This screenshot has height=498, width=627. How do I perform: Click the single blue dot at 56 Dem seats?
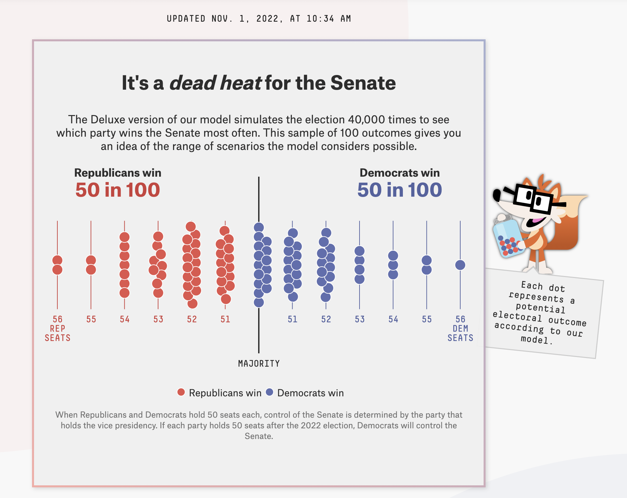click(x=460, y=265)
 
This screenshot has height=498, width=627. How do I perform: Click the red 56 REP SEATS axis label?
click(x=58, y=328)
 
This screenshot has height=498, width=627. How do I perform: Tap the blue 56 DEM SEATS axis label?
click(x=460, y=328)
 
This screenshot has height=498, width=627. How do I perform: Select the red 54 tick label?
click(x=125, y=319)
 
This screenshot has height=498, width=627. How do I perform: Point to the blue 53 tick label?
click(x=360, y=319)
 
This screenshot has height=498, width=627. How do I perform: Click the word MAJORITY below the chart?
click(x=259, y=363)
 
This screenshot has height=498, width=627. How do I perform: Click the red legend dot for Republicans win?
click(x=181, y=392)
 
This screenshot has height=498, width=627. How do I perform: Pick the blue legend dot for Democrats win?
click(x=269, y=392)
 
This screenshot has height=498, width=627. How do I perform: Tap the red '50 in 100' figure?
click(x=118, y=190)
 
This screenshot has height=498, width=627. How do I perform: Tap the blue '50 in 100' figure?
click(x=400, y=190)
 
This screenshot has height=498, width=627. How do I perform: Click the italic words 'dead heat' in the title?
click(x=215, y=83)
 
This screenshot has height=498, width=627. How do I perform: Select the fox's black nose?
click(x=497, y=194)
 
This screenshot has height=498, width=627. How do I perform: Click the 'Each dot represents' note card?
click(x=540, y=313)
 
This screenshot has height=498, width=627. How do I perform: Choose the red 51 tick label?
click(x=225, y=319)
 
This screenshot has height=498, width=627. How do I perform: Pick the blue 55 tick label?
click(x=427, y=319)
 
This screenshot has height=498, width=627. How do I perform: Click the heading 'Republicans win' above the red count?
click(x=118, y=173)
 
